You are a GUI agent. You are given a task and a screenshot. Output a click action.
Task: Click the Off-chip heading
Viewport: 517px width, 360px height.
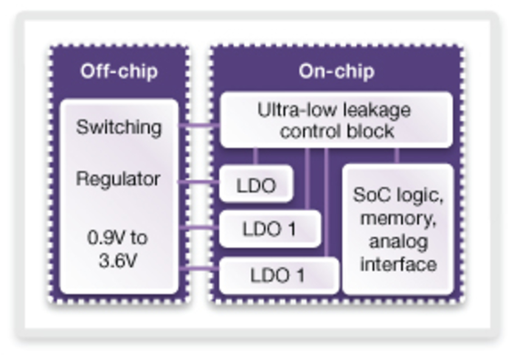(x=119, y=71)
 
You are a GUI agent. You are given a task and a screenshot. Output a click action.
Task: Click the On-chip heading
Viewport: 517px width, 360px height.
(x=336, y=71)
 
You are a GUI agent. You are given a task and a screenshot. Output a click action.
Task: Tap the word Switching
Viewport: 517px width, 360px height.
(x=119, y=127)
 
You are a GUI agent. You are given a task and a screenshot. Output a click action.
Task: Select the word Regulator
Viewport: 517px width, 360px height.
(x=119, y=179)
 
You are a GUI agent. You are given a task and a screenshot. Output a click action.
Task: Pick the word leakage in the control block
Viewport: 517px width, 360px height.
(x=376, y=110)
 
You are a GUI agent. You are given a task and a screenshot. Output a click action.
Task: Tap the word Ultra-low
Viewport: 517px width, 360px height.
(x=290, y=110)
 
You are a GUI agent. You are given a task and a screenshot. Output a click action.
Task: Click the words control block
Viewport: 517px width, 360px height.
(x=336, y=131)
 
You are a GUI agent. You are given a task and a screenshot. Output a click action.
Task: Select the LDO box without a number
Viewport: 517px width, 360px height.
(x=256, y=185)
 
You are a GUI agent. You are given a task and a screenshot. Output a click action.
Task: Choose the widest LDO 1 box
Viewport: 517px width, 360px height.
(x=277, y=275)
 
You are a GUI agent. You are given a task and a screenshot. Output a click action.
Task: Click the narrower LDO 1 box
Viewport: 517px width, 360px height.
(x=269, y=229)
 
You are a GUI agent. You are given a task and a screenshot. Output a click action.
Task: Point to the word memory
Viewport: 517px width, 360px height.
(x=398, y=218)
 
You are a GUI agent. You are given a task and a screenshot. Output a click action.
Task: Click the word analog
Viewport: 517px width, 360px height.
(x=398, y=241)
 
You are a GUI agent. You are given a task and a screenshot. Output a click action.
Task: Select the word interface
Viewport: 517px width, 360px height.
(x=398, y=265)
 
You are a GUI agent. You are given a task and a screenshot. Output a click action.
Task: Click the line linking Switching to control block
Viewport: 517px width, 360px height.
(x=199, y=126)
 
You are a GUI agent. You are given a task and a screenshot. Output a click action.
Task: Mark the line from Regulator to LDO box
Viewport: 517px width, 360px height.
(x=199, y=181)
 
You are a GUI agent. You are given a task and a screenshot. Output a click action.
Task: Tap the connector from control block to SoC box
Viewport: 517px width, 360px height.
(x=397, y=156)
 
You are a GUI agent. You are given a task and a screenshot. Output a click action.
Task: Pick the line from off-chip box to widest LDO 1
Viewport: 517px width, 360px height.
(x=199, y=268)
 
